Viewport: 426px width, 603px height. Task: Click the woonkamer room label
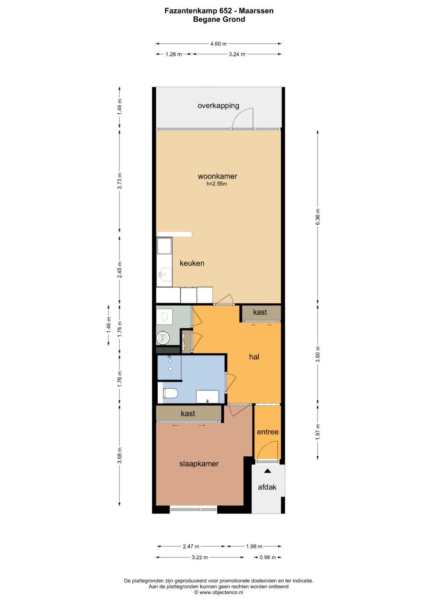point(217,177)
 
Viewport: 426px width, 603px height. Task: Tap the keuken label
point(192,263)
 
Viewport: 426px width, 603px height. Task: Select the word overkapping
point(219,106)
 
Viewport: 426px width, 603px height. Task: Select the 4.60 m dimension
point(219,43)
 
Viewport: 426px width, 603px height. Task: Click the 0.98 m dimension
point(267,557)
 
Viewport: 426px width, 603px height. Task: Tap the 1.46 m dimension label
point(108,325)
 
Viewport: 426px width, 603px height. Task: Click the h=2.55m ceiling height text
point(217,184)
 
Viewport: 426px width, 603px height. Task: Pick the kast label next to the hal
point(260,312)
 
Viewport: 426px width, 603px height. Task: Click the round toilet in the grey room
point(163,338)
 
